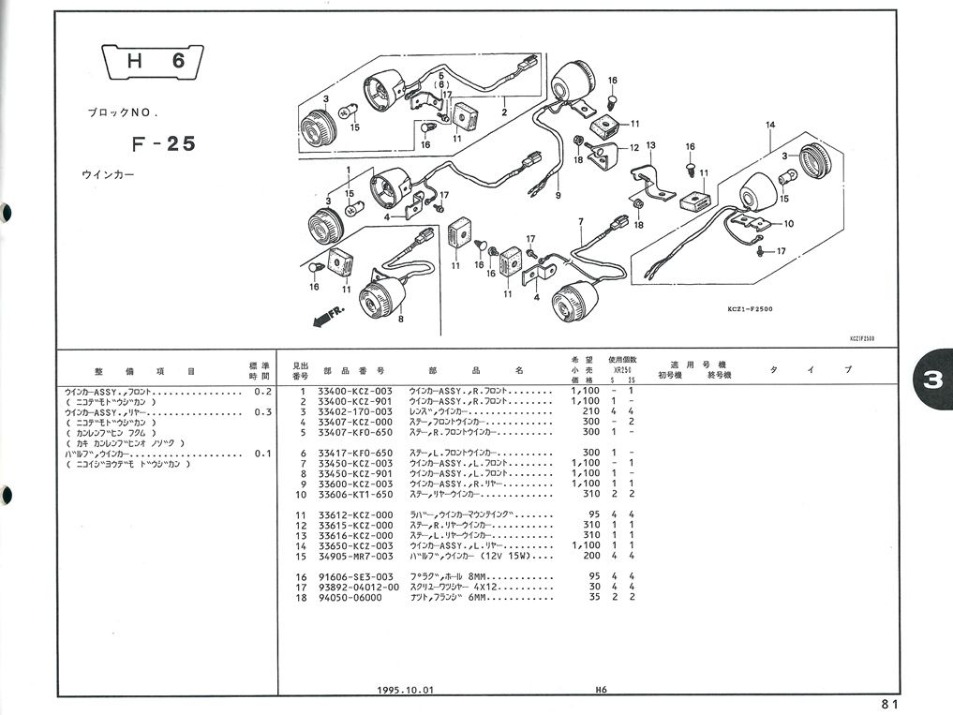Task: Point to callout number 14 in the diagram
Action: pos(770,126)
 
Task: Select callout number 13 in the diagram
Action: pos(649,145)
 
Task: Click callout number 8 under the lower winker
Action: pos(400,320)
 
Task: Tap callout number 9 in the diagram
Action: pos(558,196)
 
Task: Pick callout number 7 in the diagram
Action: pos(580,222)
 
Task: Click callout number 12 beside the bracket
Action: pos(634,147)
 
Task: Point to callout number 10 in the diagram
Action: pos(788,223)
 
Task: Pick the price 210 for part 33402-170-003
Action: pos(590,410)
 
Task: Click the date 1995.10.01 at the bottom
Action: pos(406,690)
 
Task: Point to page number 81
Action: pos(889,705)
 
